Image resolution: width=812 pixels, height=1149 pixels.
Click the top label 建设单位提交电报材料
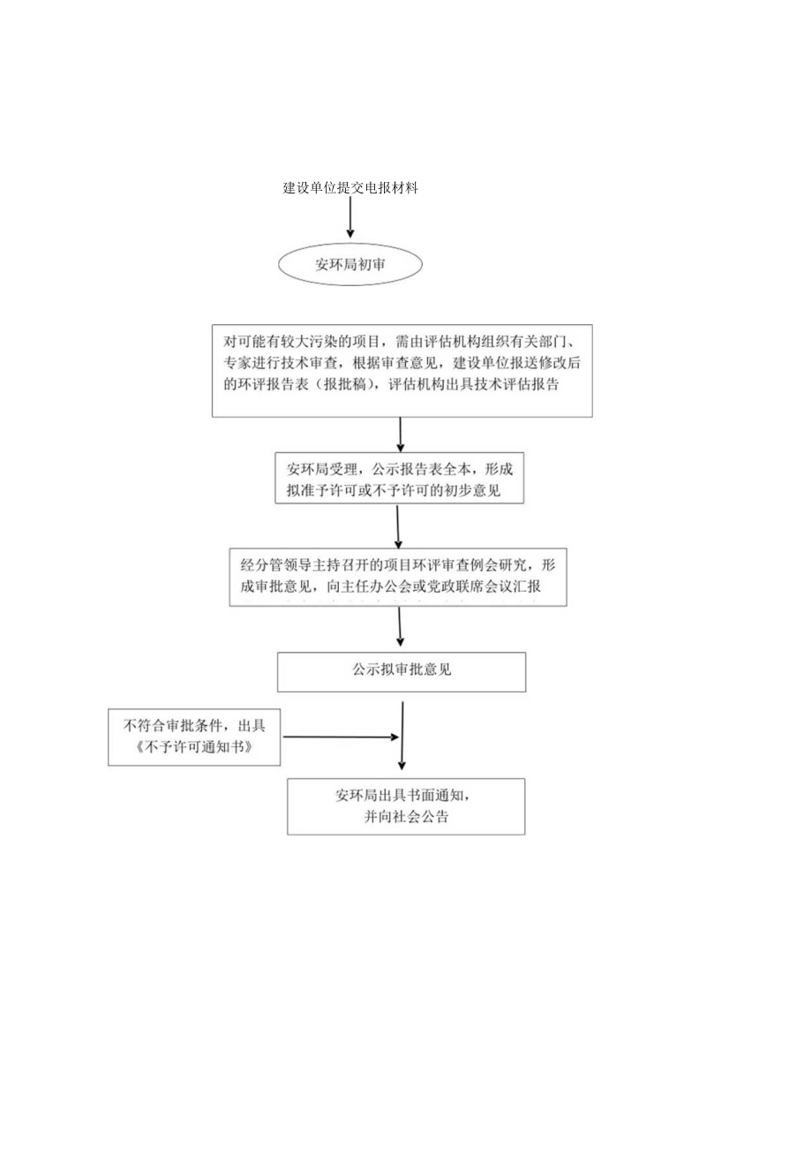pyautogui.click(x=350, y=188)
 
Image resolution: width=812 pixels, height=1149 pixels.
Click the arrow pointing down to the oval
pyautogui.click(x=350, y=217)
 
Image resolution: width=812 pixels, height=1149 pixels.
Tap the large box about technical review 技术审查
pyautogui.click(x=402, y=369)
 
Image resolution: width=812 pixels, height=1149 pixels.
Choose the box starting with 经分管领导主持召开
pyautogui.click(x=398, y=576)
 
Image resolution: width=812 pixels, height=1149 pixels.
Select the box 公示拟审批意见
pyautogui.click(x=402, y=671)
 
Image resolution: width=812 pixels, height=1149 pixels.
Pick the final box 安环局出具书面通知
pyautogui.click(x=406, y=805)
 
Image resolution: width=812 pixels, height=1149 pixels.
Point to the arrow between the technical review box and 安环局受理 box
pyautogui.click(x=401, y=435)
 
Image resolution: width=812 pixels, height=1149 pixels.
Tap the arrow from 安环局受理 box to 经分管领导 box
pyautogui.click(x=398, y=527)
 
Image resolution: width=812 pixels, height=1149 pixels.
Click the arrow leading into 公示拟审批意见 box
pyautogui.click(x=401, y=628)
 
